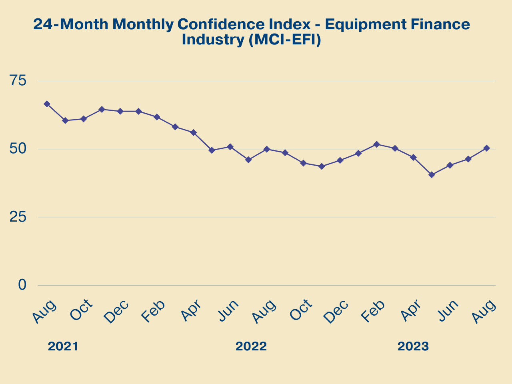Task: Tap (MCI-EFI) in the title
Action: coord(284,40)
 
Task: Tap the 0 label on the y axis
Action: coord(22,285)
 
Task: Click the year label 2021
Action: coord(63,346)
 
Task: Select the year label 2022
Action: coord(251,346)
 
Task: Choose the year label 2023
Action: coord(413,346)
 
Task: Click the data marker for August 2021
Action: coord(47,104)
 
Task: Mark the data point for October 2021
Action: coord(84,119)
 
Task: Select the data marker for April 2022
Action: coord(194,132)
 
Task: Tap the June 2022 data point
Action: coord(230,147)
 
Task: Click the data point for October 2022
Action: coord(304,163)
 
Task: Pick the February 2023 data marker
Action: coord(377,144)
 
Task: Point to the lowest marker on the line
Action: coord(432,175)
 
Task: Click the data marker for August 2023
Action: coord(487,148)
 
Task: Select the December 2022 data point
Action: coord(340,160)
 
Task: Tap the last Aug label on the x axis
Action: coord(484,311)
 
